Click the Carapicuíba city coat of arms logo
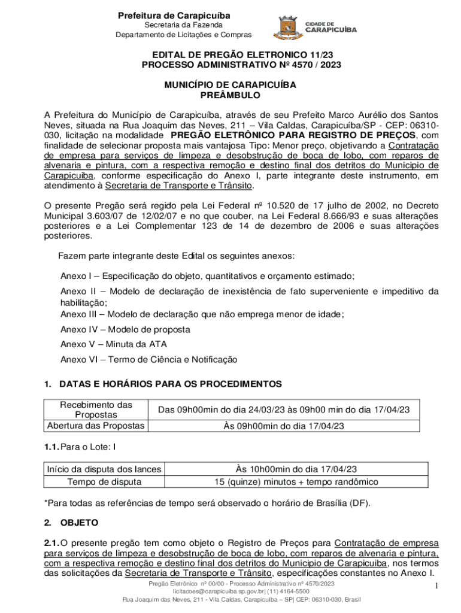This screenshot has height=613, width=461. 286,26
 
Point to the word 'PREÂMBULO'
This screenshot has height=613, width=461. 230,95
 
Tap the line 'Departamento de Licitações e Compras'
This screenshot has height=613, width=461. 184,35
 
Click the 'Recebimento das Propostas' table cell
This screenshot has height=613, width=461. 96,410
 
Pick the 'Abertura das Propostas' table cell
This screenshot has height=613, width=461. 96,426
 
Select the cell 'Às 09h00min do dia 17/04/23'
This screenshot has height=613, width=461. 283,426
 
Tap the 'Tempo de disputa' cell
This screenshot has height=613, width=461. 104,481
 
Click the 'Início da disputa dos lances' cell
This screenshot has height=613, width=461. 104,470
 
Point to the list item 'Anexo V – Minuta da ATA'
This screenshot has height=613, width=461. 114,344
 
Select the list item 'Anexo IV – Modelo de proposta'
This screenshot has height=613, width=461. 125,329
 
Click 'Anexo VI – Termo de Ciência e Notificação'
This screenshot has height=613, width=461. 148,360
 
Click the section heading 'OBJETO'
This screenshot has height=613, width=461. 79,523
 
